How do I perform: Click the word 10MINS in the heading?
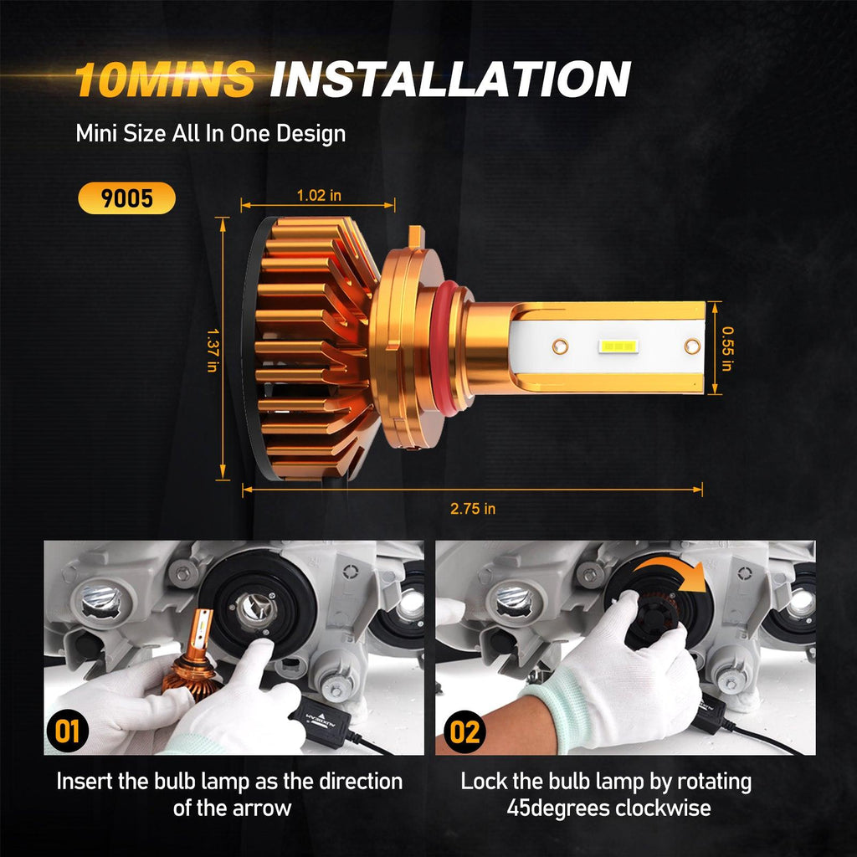(165, 79)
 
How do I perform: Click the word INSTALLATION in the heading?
(451, 79)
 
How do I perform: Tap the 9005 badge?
(127, 198)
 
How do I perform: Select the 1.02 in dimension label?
(319, 195)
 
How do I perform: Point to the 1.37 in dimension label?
(213, 350)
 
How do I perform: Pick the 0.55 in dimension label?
(727, 348)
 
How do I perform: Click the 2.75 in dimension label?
(473, 509)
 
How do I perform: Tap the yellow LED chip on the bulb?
(618, 346)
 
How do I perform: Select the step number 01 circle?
(67, 731)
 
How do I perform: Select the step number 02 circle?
(464, 731)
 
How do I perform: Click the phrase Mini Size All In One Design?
(210, 134)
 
